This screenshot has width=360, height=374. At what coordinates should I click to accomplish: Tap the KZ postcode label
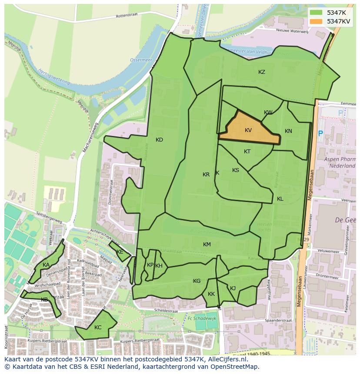coord(261,72)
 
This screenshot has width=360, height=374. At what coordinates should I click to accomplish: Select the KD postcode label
coord(159,140)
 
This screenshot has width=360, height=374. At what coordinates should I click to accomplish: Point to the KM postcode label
coord(207,245)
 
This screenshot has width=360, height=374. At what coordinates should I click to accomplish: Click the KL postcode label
coord(280,199)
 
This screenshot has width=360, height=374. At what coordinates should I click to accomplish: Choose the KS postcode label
coord(236,170)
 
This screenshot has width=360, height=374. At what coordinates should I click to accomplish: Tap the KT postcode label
coord(247,152)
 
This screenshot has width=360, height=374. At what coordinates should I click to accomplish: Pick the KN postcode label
coord(288,131)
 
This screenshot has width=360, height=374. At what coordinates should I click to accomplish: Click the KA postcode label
coord(46,265)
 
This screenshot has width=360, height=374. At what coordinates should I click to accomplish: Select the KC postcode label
coord(98,328)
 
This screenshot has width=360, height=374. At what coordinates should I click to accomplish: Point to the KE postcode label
coord(120,252)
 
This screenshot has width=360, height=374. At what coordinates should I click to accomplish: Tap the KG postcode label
coord(197,281)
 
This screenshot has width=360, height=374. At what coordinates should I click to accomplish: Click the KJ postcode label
coord(233,288)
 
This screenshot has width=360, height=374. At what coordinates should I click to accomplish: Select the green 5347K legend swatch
coord(316,13)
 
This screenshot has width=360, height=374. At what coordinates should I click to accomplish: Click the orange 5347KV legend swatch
coord(316,21)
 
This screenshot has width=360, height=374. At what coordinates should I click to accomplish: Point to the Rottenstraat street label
coord(127,16)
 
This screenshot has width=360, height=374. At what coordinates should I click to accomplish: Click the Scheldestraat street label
coord(167,311)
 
